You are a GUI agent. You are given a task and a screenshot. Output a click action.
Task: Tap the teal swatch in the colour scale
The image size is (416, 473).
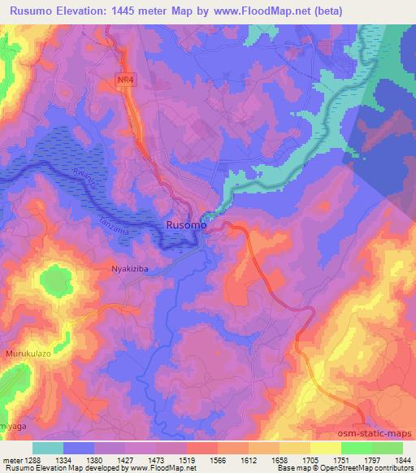click(48, 448)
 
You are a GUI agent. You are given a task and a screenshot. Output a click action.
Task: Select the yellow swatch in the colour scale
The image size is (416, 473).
click(325, 448)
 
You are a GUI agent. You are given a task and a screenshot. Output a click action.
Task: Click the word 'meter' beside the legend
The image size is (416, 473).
click(11, 459)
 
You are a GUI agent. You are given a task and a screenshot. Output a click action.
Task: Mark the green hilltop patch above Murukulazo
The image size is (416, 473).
click(54, 281)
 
